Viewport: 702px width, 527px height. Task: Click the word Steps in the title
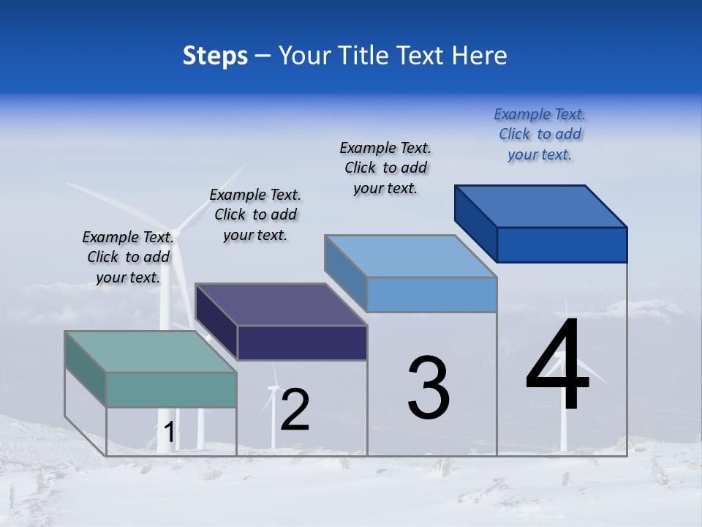215,56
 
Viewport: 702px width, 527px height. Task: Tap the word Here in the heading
480,56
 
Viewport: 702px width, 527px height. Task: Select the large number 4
557,366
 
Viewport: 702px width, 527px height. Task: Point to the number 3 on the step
429,388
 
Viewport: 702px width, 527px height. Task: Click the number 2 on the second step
295,410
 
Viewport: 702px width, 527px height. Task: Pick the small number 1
170,433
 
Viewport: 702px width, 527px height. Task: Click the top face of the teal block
150,351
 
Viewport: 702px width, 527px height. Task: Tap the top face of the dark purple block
281,304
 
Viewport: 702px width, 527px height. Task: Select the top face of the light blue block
410,256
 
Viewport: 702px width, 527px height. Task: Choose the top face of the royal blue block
541,206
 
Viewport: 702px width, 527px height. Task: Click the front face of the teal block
171,389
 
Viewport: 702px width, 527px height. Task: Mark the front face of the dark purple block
302,343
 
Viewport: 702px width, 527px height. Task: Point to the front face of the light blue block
431,294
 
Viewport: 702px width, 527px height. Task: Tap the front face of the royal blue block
562,244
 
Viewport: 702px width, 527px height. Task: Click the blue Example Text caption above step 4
540,134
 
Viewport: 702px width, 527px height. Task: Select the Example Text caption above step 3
385,168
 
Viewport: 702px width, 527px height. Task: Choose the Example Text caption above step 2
255,214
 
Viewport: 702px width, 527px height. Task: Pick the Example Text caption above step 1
128,257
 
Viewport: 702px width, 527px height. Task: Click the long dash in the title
263,56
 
